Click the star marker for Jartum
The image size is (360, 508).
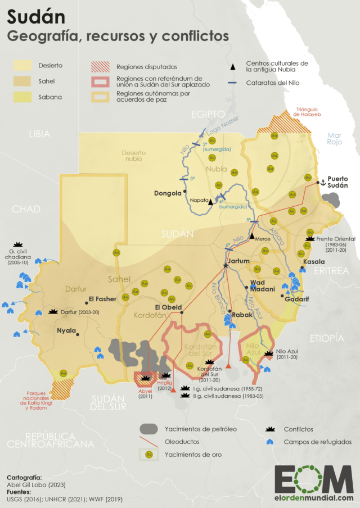click(x=226, y=265)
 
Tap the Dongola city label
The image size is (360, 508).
click(x=168, y=193)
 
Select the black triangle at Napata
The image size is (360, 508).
click(x=210, y=202)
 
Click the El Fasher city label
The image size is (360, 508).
click(x=102, y=299)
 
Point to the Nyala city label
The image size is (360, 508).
click(x=66, y=330)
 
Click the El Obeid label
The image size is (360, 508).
click(x=167, y=307)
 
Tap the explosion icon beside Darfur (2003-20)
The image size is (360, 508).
click(x=54, y=310)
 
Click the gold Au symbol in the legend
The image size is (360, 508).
click(x=149, y=453)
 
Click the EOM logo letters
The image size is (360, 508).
click(x=314, y=479)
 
